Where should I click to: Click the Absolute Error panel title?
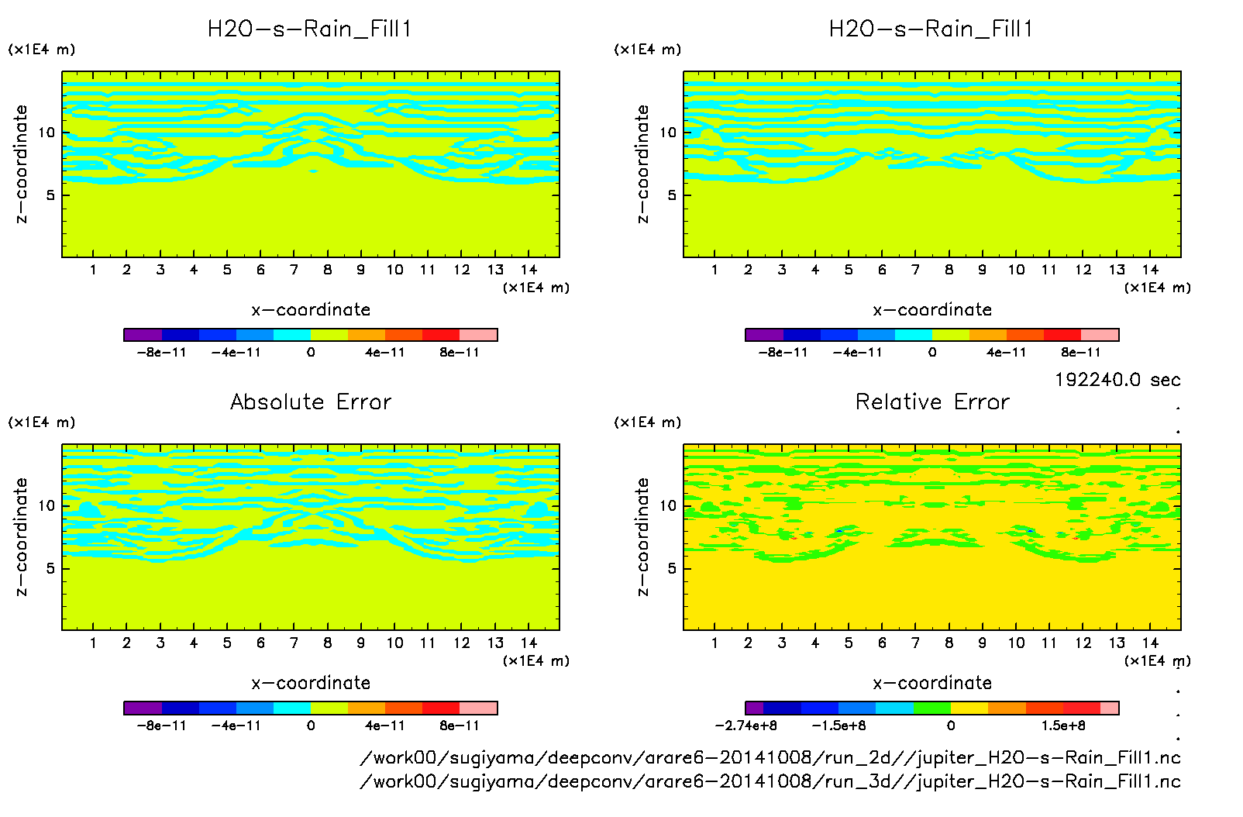click(311, 402)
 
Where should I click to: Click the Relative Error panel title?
click(932, 402)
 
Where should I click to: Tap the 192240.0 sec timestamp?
click(1117, 380)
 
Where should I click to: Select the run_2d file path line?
click(770, 757)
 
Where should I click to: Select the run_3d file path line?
click(770, 781)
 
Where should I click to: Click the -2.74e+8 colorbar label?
click(745, 726)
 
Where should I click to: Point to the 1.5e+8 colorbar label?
click(1063, 726)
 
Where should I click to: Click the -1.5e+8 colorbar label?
click(838, 726)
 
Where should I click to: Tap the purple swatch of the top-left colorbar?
click(143, 335)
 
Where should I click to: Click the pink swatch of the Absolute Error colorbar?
click(478, 708)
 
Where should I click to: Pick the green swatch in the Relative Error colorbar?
click(932, 708)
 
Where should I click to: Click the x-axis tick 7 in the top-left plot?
click(294, 270)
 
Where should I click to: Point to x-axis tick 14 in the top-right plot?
click(1150, 270)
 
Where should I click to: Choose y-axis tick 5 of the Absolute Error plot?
click(50, 568)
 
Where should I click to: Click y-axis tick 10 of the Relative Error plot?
click(668, 505)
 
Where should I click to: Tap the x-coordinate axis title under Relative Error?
click(932, 683)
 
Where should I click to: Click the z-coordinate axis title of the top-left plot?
click(21, 164)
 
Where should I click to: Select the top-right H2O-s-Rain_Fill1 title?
click(931, 29)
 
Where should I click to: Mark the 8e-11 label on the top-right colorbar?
click(1081, 352)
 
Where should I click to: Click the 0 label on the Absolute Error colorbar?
click(311, 726)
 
